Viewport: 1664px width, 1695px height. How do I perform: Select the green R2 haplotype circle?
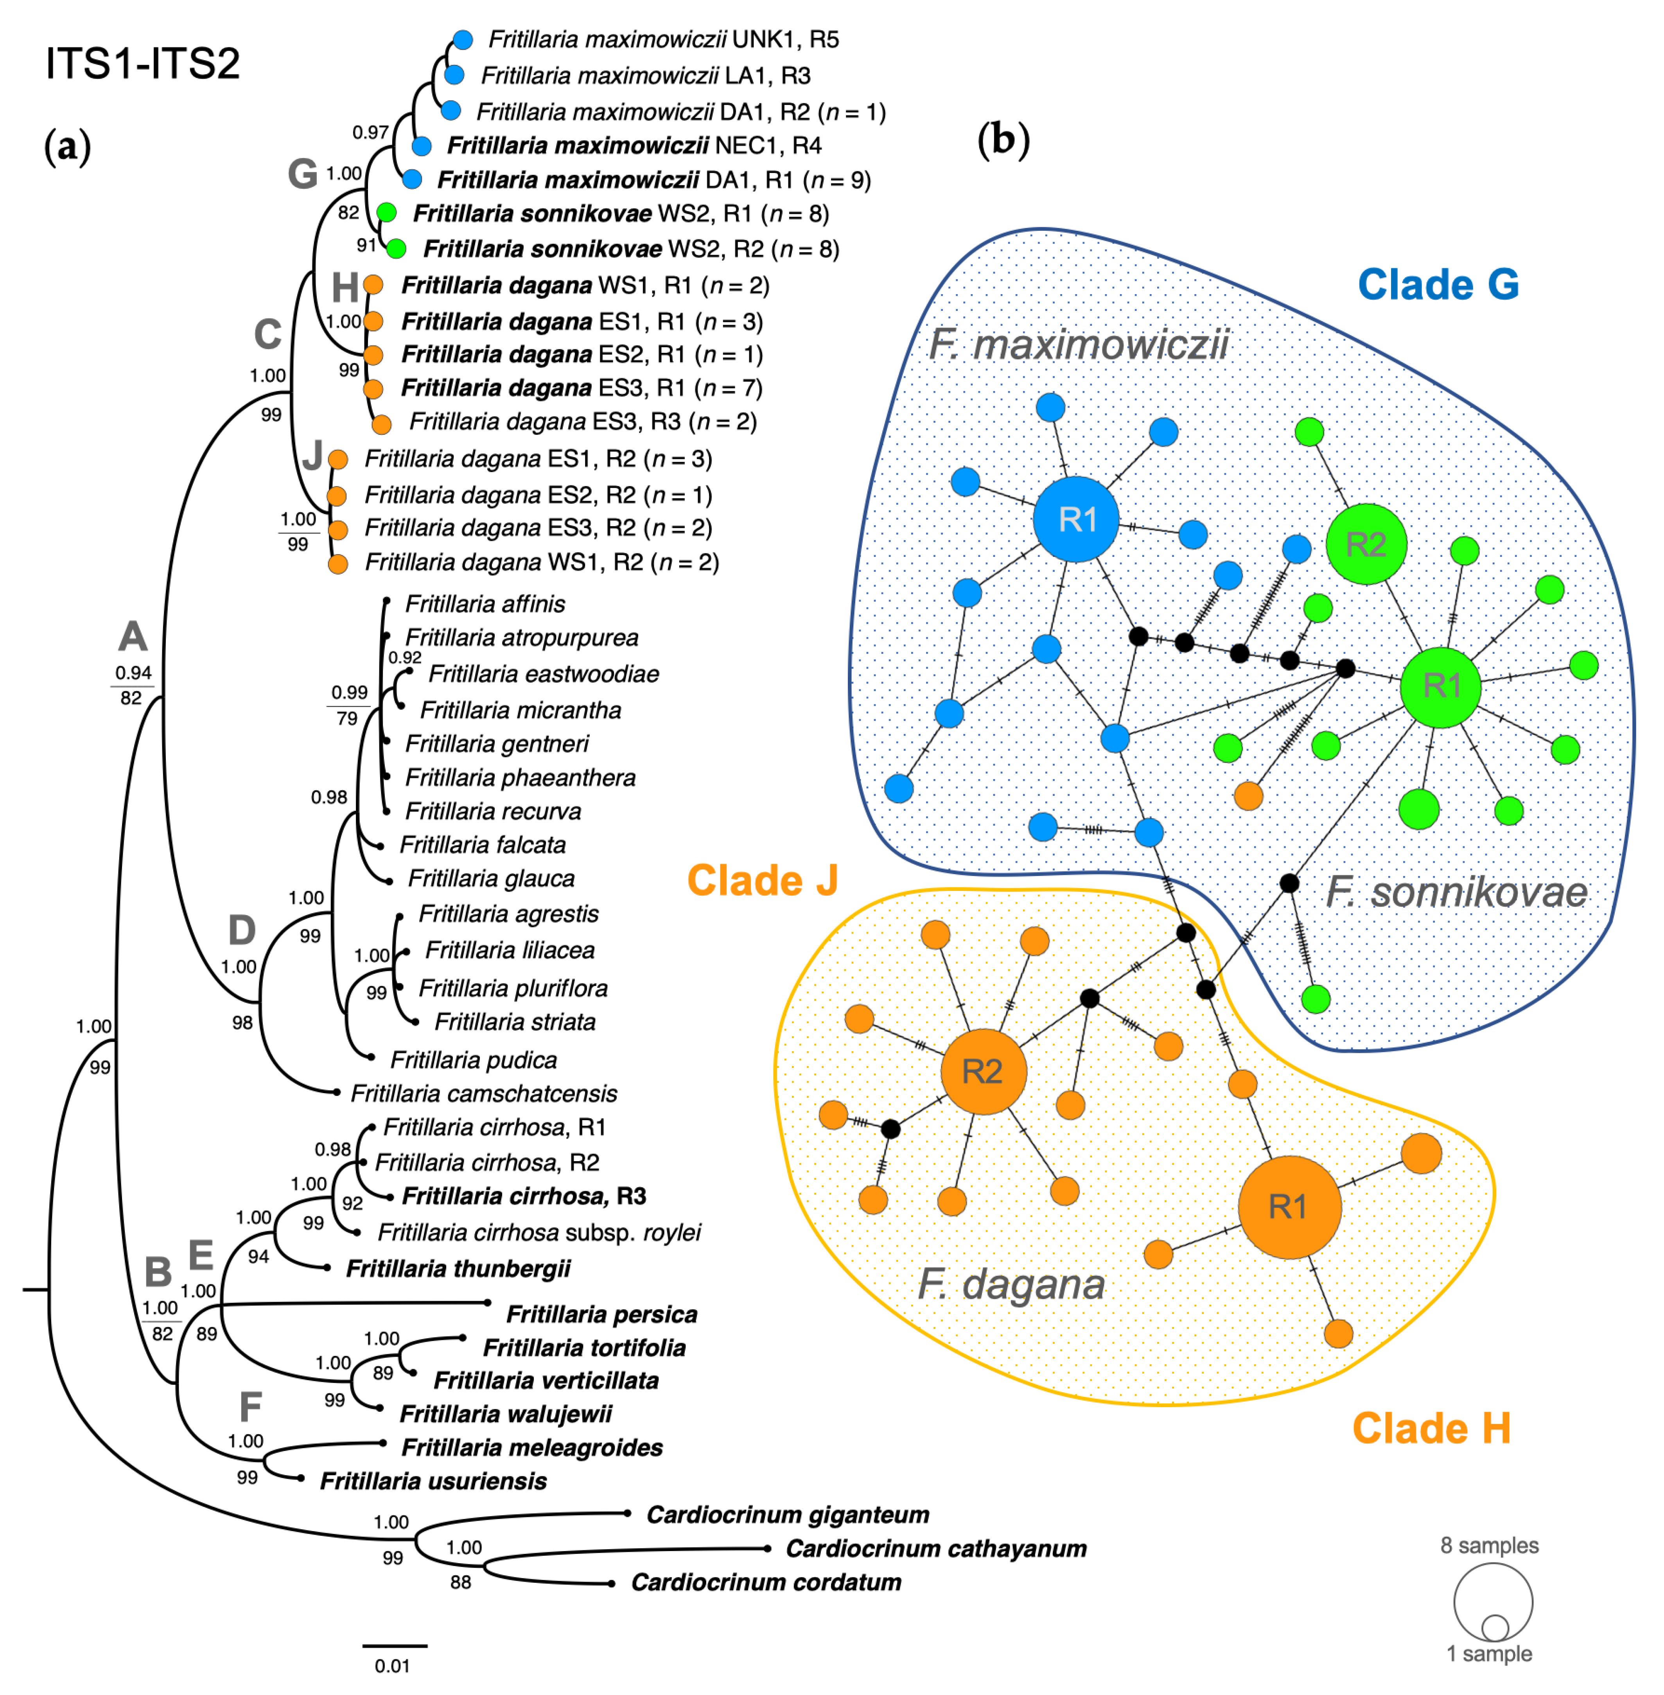pos(1366,544)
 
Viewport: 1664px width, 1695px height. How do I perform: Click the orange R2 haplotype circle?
pos(983,1071)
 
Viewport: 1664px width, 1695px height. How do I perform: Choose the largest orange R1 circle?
pos(1289,1207)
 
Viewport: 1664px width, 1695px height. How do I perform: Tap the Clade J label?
pos(762,880)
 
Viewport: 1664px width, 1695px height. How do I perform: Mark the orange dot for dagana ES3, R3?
pos(381,424)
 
